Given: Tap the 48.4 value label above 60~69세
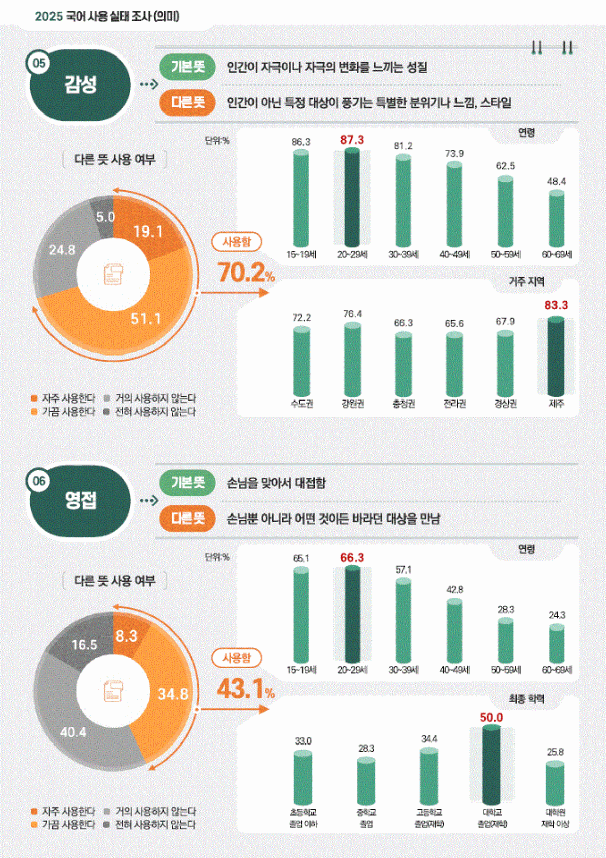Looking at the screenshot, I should (556, 181).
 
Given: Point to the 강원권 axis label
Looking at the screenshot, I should (352, 404).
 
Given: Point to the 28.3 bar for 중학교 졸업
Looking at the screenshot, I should (366, 781).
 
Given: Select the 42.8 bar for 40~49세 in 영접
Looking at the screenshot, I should (454, 632).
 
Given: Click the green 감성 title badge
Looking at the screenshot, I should (80, 85).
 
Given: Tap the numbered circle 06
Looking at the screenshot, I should (39, 481).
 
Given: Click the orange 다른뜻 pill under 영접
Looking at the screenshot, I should (187, 519).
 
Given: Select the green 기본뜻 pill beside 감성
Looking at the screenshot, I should (187, 67).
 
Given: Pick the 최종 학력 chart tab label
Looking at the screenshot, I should (526, 699).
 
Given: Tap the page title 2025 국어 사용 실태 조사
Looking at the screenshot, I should (107, 16).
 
